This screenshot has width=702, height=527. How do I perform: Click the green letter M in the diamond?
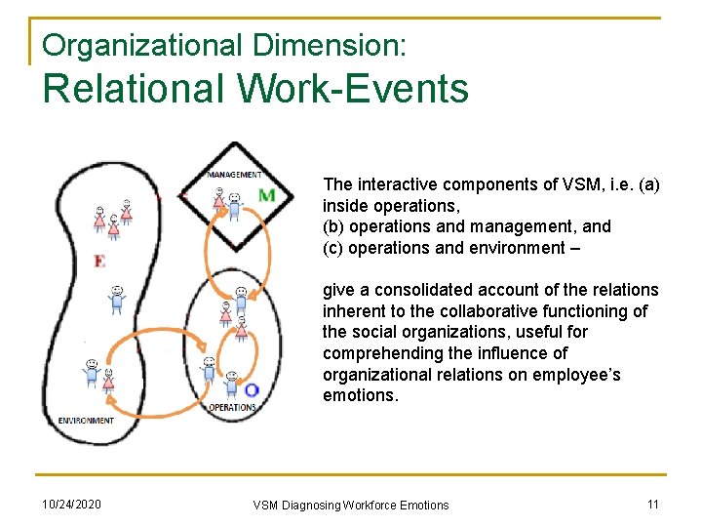tap(266, 195)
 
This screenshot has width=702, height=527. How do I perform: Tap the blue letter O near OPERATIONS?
tap(251, 390)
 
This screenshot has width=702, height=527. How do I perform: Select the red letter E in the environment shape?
tap(99, 261)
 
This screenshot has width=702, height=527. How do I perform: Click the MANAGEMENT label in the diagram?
tap(234, 175)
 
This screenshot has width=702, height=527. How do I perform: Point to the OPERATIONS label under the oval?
tap(232, 407)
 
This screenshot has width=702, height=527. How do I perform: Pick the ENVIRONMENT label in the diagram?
tap(86, 421)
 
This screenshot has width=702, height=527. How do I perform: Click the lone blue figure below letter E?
tap(117, 299)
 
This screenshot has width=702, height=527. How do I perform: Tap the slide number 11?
tap(653, 505)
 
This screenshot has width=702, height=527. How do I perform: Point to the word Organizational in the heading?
tap(143, 44)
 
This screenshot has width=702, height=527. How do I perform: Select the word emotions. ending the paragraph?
tap(361, 395)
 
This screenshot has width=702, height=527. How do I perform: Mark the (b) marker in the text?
tap(333, 226)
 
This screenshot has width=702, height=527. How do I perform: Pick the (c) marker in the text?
tap(333, 248)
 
